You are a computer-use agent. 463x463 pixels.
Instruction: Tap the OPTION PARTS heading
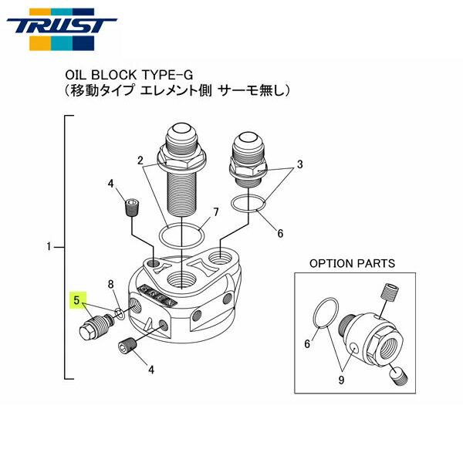coord(352,263)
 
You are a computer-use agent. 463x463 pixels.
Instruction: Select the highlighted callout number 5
coord(76,297)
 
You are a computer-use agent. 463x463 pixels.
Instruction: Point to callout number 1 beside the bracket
coord(49,248)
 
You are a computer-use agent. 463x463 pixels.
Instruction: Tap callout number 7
coord(216,211)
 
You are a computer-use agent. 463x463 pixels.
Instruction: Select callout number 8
coord(111,285)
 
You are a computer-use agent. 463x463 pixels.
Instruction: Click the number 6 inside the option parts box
coord(306,344)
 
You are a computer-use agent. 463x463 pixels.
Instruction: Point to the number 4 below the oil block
coord(151,370)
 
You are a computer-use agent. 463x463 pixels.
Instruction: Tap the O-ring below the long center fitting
coord(182,232)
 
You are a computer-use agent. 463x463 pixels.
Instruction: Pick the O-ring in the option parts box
coord(326,316)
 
